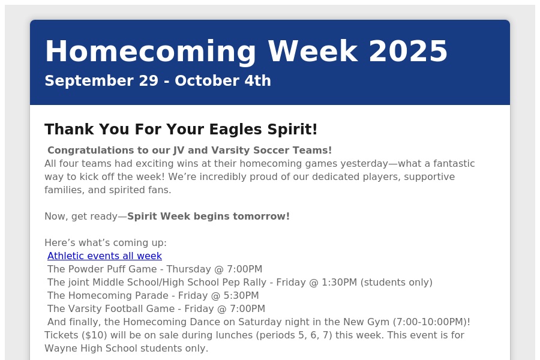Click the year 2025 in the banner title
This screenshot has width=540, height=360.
pyautogui.click(x=408, y=51)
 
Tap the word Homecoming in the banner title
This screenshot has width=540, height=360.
pyautogui.click(x=151, y=52)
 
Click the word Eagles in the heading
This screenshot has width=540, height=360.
pyautogui.click(x=236, y=130)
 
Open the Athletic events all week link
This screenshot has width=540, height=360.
pyautogui.click(x=104, y=256)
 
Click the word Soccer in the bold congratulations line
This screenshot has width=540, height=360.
pyautogui.click(x=271, y=150)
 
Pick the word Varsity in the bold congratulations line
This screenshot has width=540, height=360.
pyautogui.click(x=230, y=151)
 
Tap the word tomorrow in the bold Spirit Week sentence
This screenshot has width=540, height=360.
pyautogui.click(x=262, y=217)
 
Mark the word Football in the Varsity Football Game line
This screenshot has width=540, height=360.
pyautogui.click(x=155, y=308)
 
